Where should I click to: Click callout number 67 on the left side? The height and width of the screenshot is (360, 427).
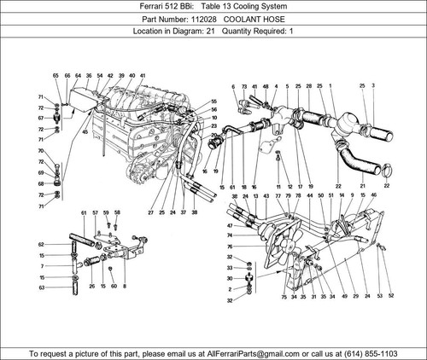point(41,119)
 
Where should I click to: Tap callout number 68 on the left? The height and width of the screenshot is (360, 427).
point(41,183)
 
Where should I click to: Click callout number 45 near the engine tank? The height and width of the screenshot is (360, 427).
point(84,131)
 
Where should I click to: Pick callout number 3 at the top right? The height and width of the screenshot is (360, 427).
point(372,86)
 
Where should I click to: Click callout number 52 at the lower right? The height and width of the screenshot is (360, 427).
point(391,295)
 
